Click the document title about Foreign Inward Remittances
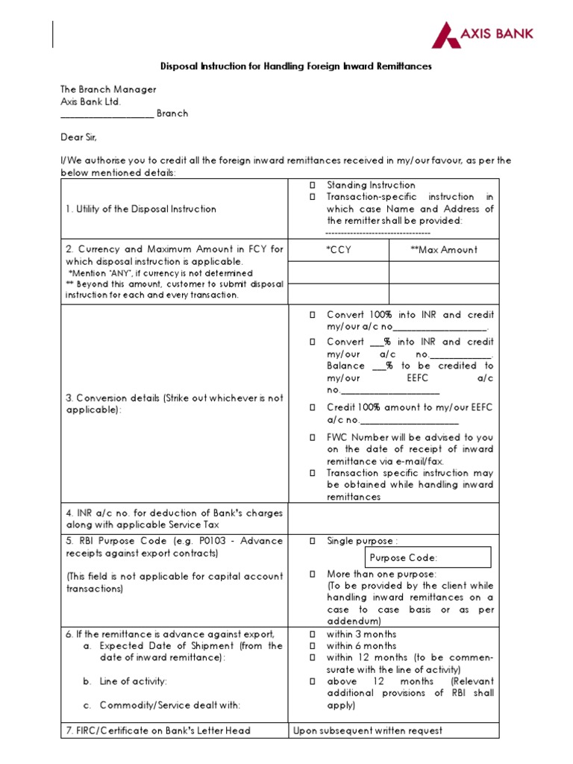click(x=296, y=66)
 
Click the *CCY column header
click(x=339, y=250)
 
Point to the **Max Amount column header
click(x=444, y=250)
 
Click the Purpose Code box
click(x=428, y=557)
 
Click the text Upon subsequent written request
click(x=368, y=730)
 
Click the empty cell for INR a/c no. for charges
click(x=393, y=519)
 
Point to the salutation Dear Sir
click(x=79, y=138)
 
